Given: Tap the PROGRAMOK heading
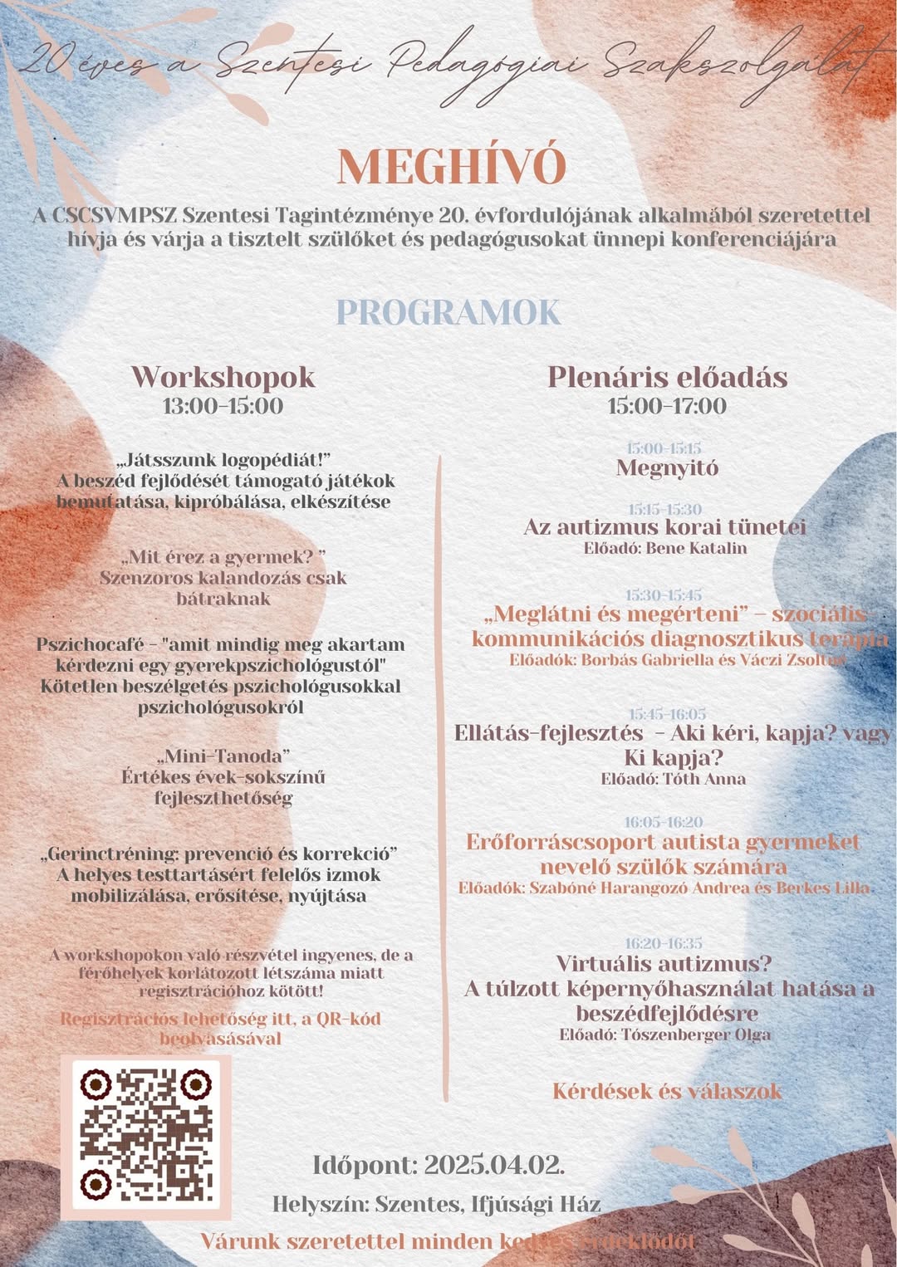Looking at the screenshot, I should coord(448,312).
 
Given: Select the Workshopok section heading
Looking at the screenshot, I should coord(223,377).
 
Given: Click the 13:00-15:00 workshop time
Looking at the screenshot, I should coord(223,406).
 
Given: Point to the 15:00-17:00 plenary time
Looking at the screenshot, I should coord(667,406).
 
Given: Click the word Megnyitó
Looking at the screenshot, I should coord(667,467).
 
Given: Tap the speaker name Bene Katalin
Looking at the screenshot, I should coord(696,548).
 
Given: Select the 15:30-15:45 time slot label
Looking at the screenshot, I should coord(664,595).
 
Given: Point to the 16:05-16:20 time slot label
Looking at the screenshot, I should coord(664,822).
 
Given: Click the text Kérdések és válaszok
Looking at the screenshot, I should coord(667,1091).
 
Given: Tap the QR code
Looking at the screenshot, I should coord(145,1134).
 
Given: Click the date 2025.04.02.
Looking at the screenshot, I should coord(494,1165).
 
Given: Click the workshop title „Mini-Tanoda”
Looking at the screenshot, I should coord(223,756).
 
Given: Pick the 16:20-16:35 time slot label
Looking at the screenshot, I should coord(664,943).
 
